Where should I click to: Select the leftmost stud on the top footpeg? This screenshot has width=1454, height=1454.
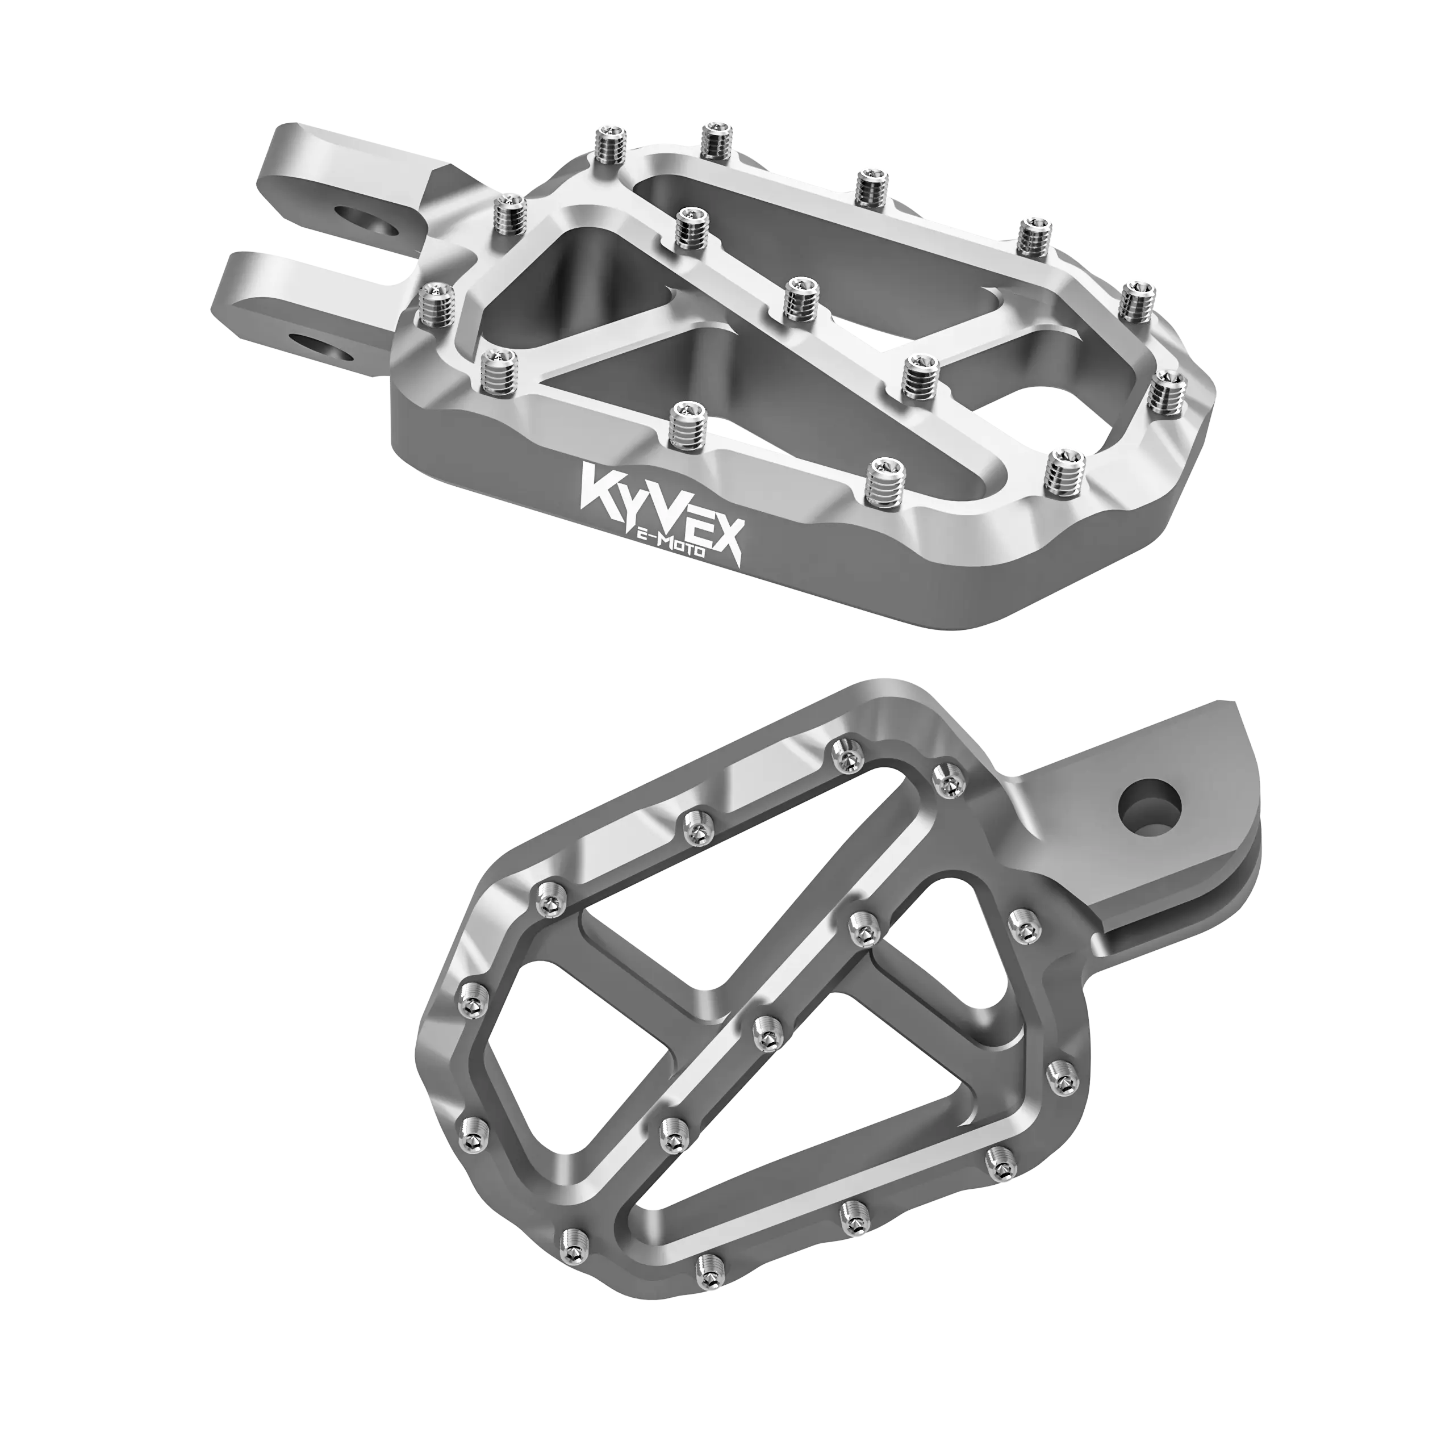[433, 306]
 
